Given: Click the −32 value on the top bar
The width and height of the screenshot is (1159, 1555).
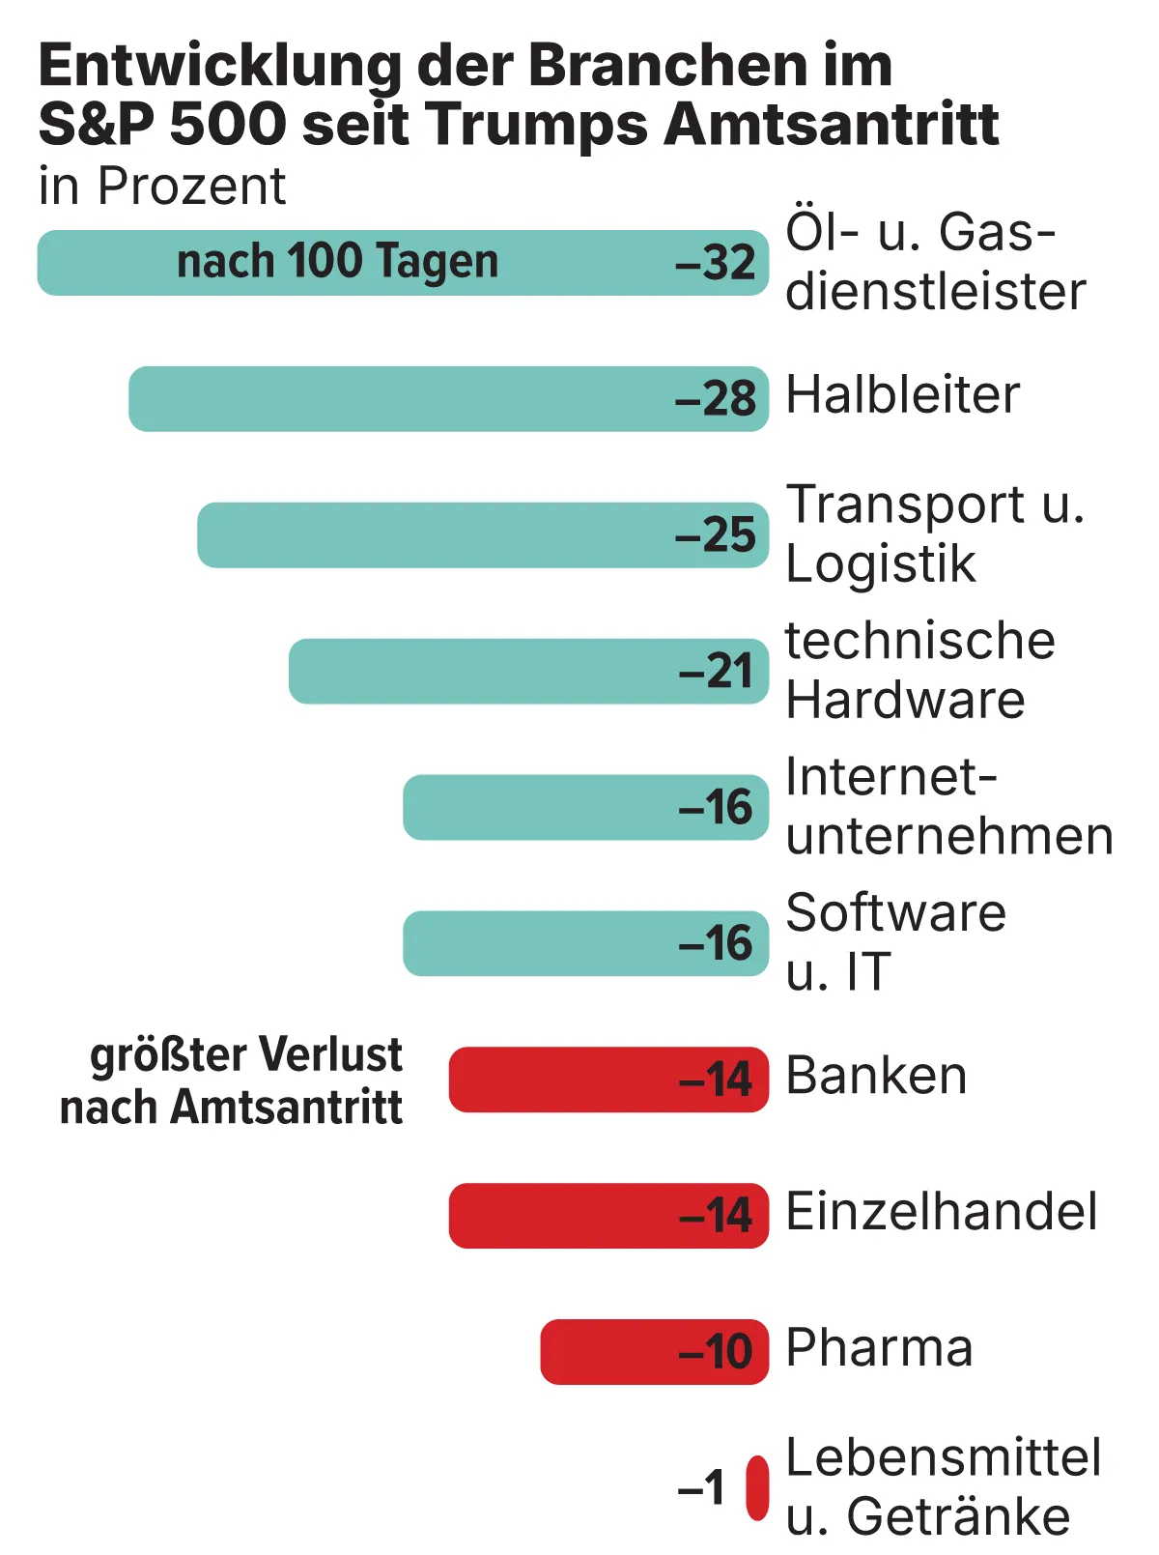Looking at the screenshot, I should click(x=716, y=263).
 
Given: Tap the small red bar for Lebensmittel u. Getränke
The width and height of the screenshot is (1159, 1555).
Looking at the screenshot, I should click(x=758, y=1488).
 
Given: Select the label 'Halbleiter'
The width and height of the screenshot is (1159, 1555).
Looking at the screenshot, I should click(x=902, y=395).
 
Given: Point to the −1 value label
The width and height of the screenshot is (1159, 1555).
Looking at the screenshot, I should click(x=701, y=1488).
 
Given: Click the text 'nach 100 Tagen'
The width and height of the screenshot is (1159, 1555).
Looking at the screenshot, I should click(x=337, y=262).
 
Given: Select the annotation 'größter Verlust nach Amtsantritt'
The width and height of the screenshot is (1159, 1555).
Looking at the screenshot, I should click(x=232, y=1080).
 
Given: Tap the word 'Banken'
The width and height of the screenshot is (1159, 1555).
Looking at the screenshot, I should click(x=876, y=1076).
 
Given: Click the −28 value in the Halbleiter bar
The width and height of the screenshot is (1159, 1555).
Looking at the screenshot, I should click(x=716, y=399).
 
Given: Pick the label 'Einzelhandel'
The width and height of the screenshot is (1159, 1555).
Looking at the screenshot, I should click(x=942, y=1212).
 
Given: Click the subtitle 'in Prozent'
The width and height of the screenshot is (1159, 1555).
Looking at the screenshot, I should click(x=162, y=186).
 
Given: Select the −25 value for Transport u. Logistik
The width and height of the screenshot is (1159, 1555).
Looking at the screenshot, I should click(x=716, y=535).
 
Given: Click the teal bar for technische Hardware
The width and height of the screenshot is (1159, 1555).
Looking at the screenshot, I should click(x=483, y=671).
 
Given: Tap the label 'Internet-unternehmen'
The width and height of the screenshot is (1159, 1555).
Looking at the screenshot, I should click(x=948, y=806).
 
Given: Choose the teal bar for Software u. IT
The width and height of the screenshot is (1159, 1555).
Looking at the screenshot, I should click(x=541, y=943).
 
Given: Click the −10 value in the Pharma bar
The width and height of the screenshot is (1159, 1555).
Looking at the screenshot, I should click(x=716, y=1351).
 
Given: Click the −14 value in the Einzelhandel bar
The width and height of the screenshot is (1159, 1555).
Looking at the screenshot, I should click(x=716, y=1216).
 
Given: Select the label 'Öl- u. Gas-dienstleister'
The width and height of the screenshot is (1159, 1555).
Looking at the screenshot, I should click(x=935, y=262).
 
